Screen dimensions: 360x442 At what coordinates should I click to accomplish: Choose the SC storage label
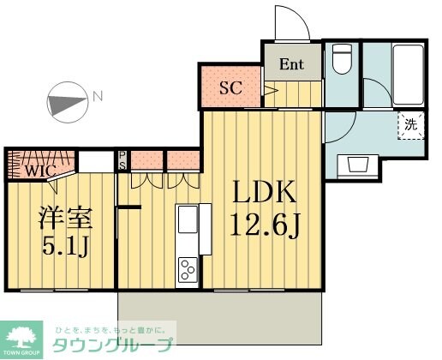point(230,87)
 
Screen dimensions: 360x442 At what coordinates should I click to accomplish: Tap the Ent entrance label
point(291,63)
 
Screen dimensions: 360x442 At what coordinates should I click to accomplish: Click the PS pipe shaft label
point(122,160)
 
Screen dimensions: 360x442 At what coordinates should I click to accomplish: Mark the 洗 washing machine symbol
point(411,124)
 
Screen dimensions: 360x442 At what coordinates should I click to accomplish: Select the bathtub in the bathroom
point(409,73)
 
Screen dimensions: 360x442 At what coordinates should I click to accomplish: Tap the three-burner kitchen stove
point(187,272)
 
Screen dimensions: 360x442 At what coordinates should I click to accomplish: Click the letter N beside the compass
point(98,95)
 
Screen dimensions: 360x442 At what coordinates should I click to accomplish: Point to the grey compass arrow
point(65,103)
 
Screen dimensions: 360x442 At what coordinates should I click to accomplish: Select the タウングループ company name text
point(115,345)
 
